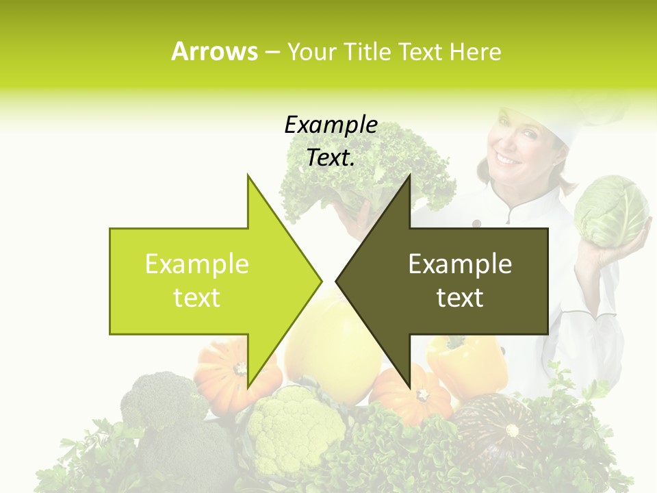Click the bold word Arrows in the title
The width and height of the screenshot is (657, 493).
[214, 51]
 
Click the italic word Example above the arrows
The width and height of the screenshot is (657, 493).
[331, 125]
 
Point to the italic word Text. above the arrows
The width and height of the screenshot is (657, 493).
[331, 158]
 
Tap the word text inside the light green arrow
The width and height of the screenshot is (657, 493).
[196, 298]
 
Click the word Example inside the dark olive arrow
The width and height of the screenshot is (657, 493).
[460, 264]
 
